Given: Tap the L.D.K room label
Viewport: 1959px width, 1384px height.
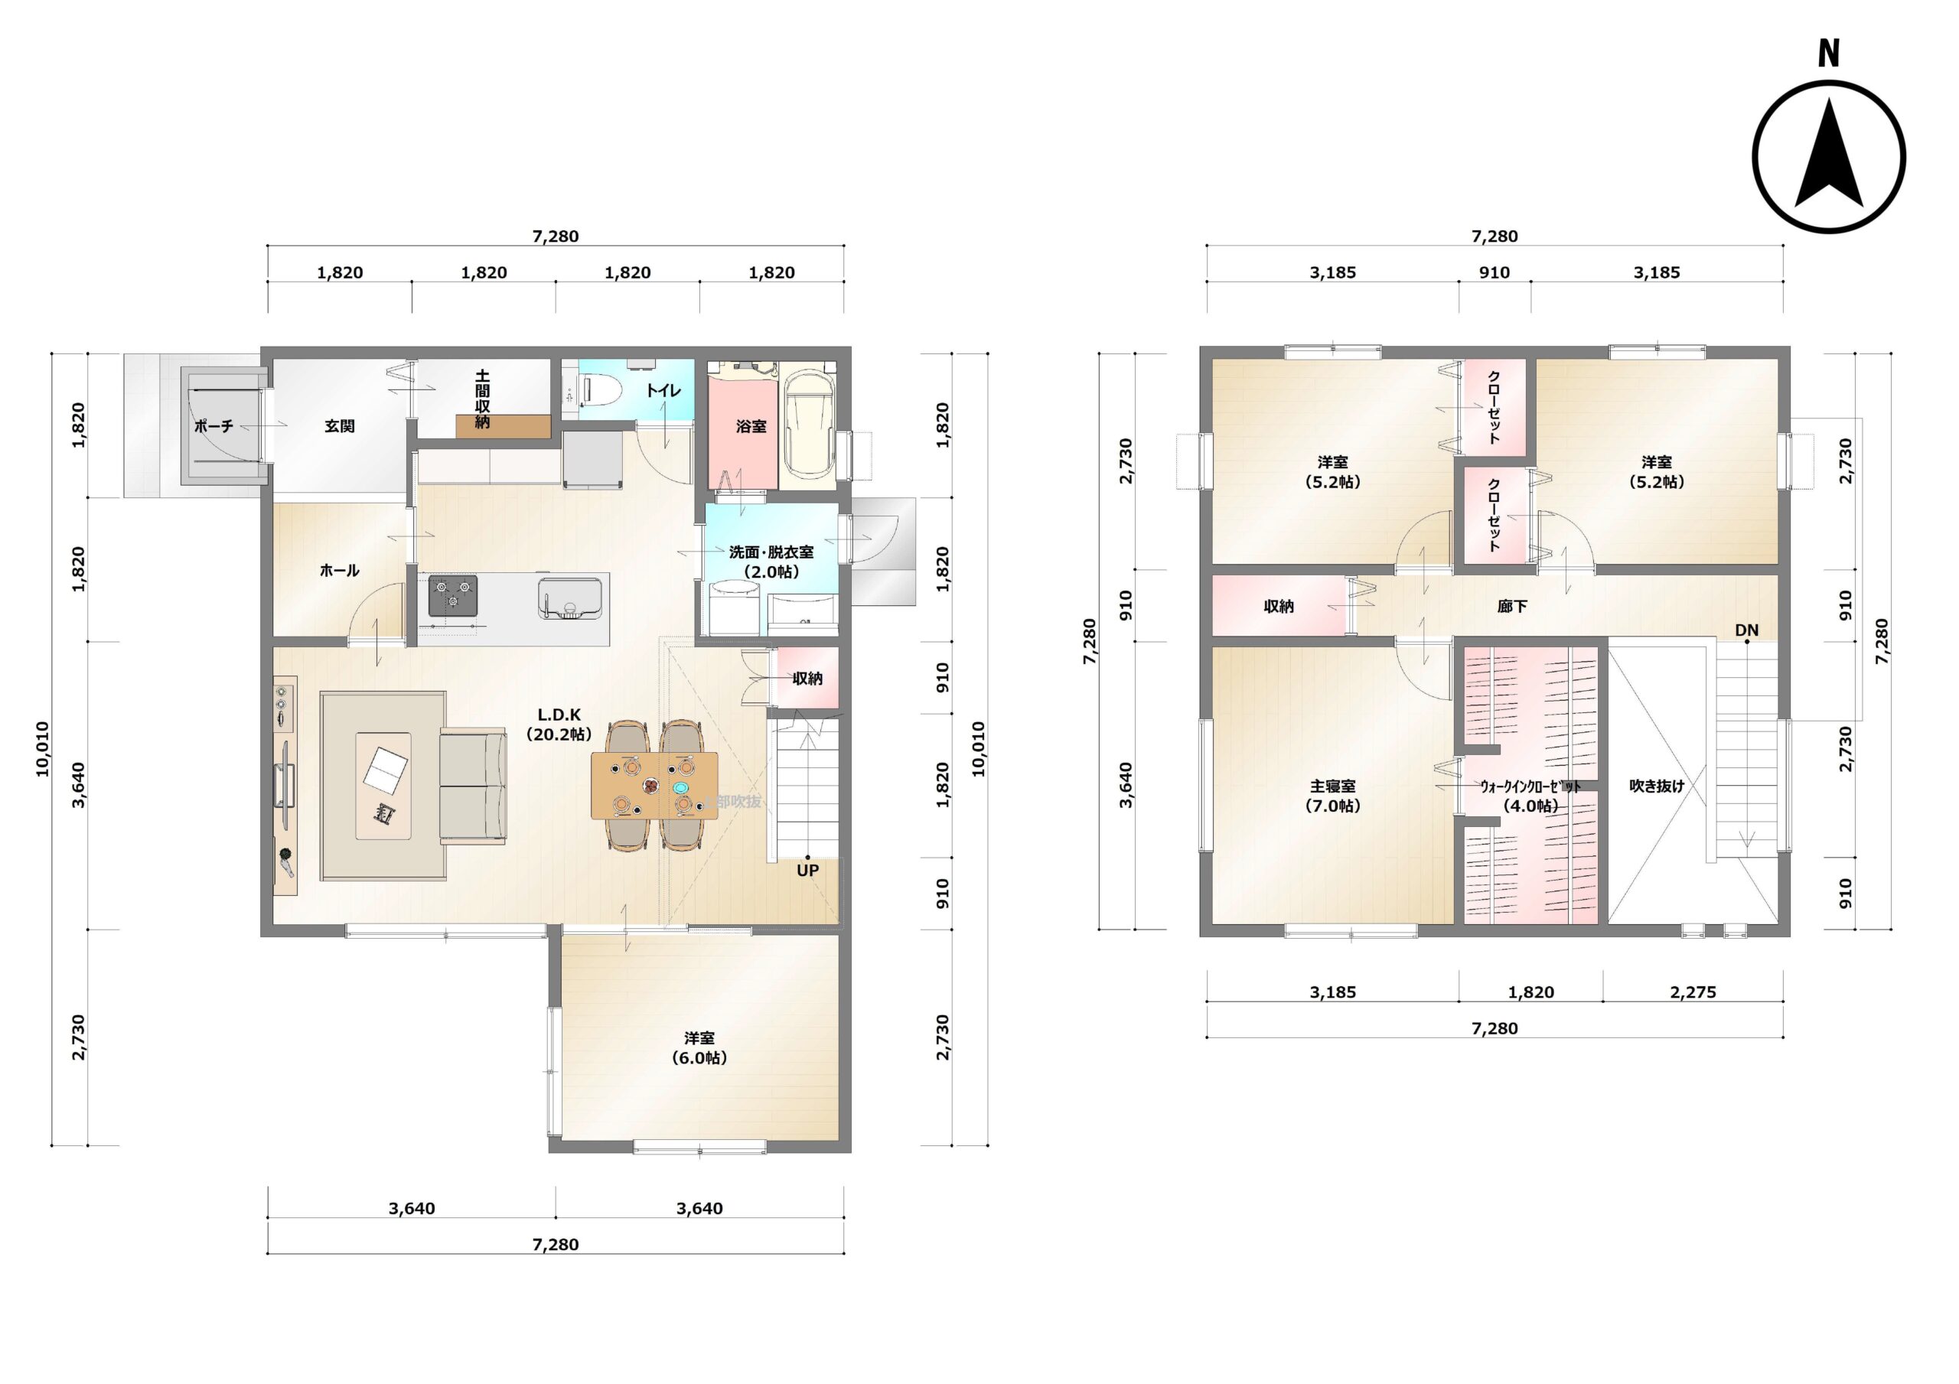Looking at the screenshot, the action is pos(559,724).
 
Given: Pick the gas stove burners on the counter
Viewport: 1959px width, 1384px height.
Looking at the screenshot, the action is pos(452,594).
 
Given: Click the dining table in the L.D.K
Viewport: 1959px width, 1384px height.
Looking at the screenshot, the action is pos(654,786).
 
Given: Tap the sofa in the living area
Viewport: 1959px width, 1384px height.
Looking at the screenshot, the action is pos(473,786).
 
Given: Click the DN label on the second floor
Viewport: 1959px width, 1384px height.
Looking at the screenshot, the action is pos(1746,630).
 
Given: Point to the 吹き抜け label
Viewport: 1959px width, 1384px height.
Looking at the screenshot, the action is pos(1657,786).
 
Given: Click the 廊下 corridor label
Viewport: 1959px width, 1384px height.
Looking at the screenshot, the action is pos(1512,606).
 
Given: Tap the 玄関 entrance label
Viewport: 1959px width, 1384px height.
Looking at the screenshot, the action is pos(340,426).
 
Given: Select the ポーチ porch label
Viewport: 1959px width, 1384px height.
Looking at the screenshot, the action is pos(214,426).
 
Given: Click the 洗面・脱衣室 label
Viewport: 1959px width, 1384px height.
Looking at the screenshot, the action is pos(771,562).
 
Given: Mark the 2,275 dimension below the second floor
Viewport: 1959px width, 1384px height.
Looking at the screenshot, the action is pos(1693,992).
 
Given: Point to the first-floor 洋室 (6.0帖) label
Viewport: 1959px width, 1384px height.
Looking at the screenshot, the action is pos(699,1048).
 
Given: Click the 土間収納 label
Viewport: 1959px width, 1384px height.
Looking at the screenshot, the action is pos(482,399).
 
